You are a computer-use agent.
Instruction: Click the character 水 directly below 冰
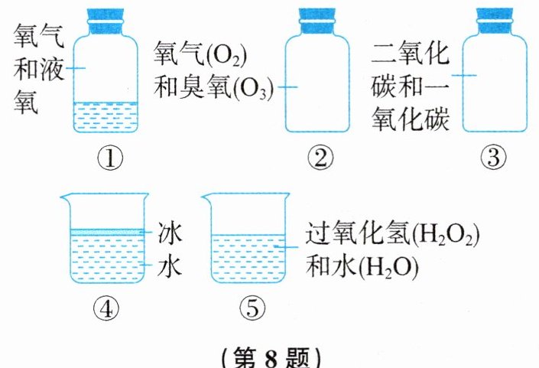[170, 267]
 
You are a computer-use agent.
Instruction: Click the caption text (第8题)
[270, 357]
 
